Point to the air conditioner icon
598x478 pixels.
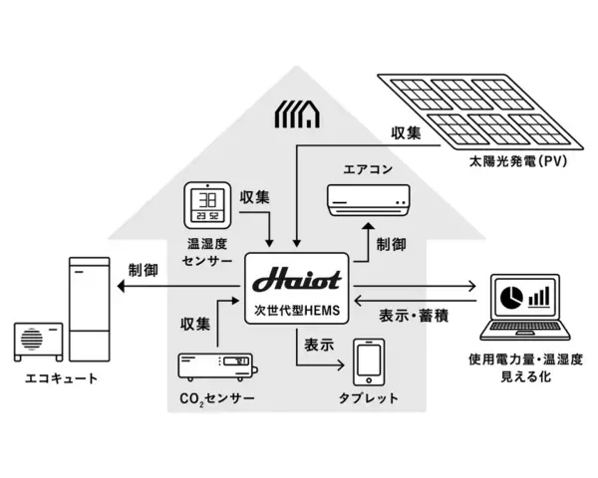point(369,201)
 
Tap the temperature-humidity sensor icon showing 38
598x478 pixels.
point(207,207)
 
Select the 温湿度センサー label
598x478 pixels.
point(207,253)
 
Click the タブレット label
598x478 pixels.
point(368,399)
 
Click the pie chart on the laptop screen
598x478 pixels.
point(509,297)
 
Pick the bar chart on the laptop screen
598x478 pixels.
point(539,297)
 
